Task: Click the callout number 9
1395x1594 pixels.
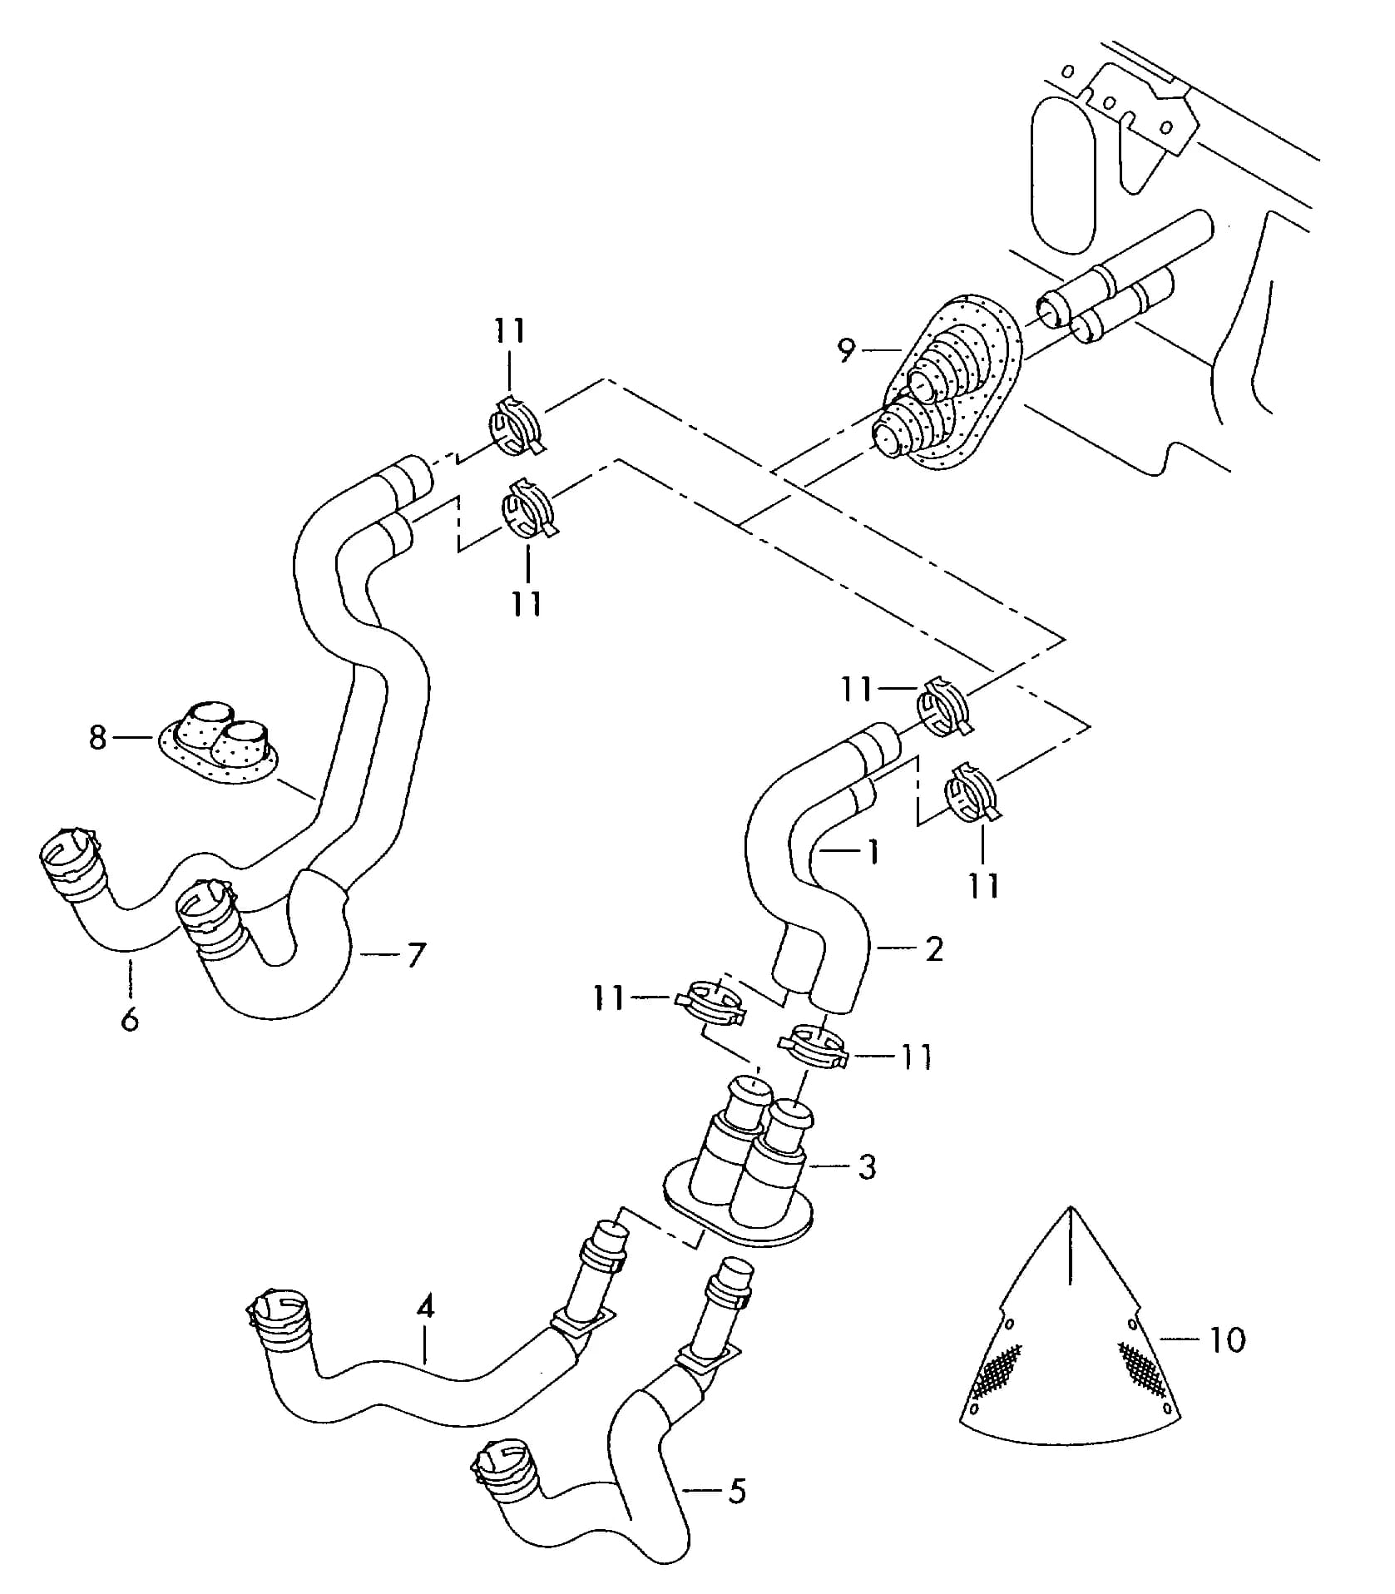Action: pyautogui.click(x=846, y=350)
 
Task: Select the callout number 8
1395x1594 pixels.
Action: pyautogui.click(x=98, y=737)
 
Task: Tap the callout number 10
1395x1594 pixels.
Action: pyautogui.click(x=1226, y=1339)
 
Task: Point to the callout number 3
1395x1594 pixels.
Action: pyautogui.click(x=867, y=1166)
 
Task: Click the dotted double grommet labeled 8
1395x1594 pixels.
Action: pyautogui.click(x=219, y=742)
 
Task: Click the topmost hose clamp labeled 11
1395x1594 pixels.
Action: pyautogui.click(x=517, y=425)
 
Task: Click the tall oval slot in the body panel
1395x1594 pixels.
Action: pyautogui.click(x=1062, y=175)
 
